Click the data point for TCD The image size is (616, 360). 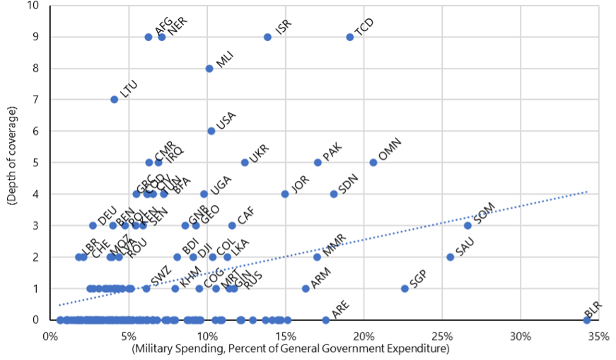click(349, 37)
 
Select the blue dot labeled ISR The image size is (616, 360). click(267, 37)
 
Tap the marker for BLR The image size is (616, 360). click(586, 320)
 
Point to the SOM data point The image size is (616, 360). click(467, 226)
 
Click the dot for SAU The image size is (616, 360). click(450, 257)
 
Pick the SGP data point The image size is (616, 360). click(405, 289)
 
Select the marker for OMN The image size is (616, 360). click(373, 162)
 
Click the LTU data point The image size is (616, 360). click(114, 100)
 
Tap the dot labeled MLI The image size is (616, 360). click(209, 69)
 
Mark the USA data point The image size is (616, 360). click(211, 131)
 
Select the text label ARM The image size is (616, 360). click(320, 278)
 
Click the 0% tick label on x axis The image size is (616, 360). click(50, 335)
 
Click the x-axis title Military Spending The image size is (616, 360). click(291, 349)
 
